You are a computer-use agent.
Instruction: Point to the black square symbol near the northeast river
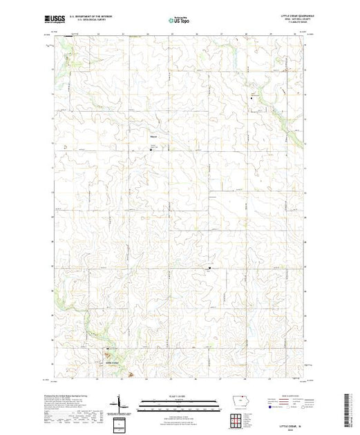click(x=252, y=99)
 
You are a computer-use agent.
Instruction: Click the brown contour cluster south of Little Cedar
click(x=131, y=375)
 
